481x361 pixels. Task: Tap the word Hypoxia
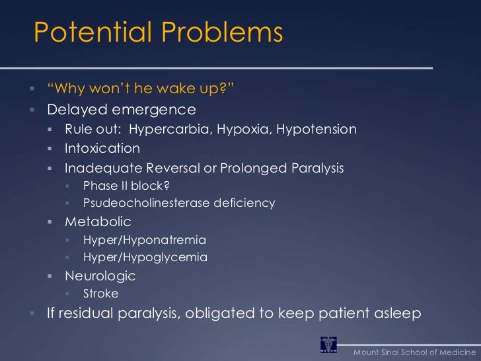(244, 130)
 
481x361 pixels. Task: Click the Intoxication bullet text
(102, 149)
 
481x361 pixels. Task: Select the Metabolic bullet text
(98, 221)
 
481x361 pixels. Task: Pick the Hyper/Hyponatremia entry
(145, 239)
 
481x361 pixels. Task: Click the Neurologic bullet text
(100, 275)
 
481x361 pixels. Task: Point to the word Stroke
(101, 293)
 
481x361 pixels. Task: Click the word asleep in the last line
(395, 313)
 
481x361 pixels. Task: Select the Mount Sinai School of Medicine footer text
(414, 349)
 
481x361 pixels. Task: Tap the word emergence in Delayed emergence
(161, 108)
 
